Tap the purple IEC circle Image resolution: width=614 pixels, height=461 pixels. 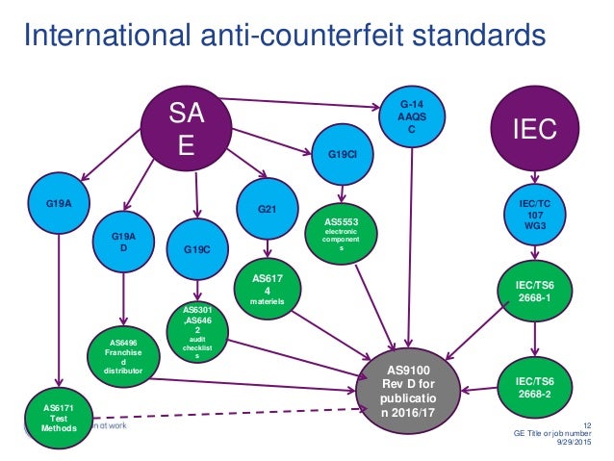pos(532,127)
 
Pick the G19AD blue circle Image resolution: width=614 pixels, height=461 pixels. pos(123,243)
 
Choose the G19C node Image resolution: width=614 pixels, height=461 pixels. pos(196,248)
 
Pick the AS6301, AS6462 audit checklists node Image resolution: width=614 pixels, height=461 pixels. pos(196,328)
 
